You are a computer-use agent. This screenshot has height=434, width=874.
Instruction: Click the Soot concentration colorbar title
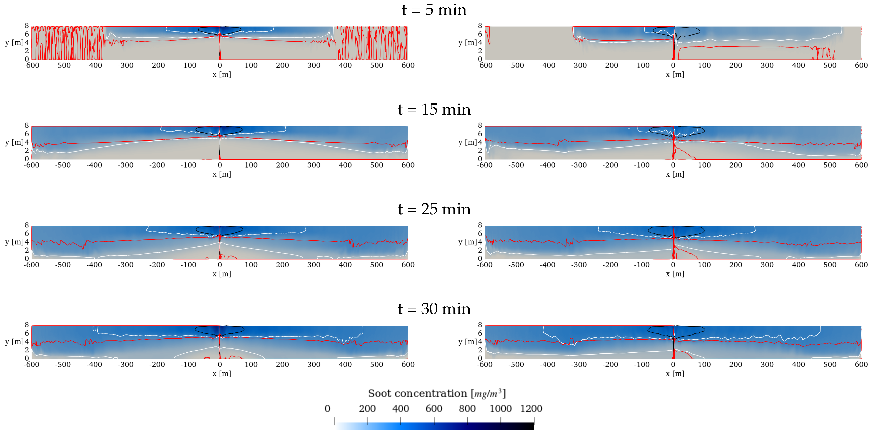coord(437,393)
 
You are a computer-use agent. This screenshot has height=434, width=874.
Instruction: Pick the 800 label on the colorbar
coord(467,409)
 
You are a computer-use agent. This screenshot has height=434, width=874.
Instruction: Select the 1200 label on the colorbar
coord(531,409)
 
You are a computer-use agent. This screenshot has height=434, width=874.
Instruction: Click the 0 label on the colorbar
coord(327,409)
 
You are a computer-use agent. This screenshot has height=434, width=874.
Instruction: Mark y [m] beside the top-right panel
coord(467,42)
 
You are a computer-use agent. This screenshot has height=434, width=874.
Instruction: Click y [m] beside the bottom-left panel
coord(14,342)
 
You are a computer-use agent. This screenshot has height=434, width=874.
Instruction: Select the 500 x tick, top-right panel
coord(830,65)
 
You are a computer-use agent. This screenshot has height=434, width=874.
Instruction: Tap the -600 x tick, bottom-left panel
coord(32,364)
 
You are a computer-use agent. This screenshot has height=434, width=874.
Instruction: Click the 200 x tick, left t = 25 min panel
coord(282,264)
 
